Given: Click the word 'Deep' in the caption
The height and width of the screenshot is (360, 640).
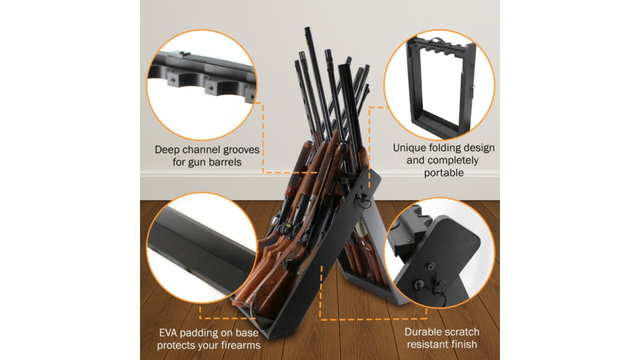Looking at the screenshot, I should pos(168,149).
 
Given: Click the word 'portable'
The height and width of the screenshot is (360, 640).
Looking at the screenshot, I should pos(443,173).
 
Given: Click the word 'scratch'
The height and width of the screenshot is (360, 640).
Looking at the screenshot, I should pos(462,332).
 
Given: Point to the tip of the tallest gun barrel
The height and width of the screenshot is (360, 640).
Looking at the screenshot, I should pos(307,29).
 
